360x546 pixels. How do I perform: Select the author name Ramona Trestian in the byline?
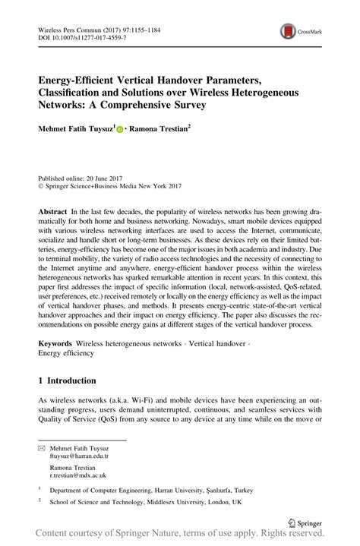click(x=161, y=130)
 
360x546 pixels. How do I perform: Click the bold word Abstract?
click(x=53, y=210)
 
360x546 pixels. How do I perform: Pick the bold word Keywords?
click(x=55, y=344)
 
